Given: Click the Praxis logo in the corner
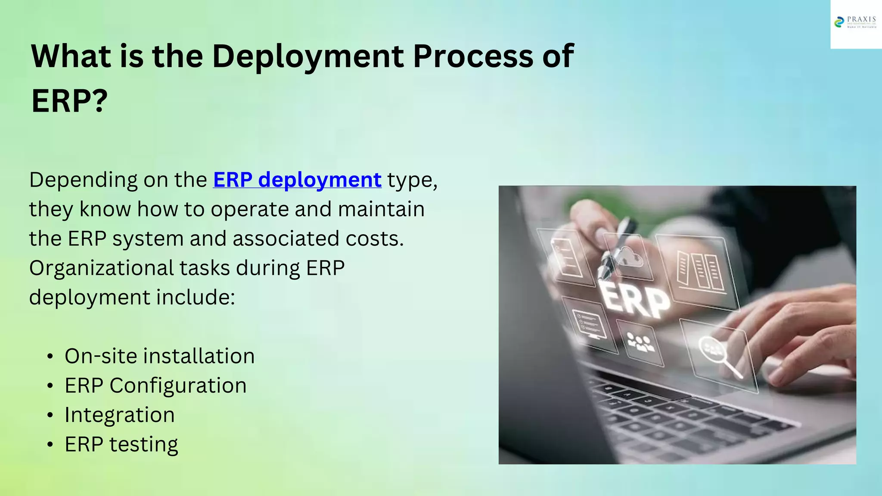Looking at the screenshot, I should point(855,22).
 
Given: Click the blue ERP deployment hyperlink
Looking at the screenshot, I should point(297,180).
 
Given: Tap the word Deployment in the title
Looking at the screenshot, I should point(308,56).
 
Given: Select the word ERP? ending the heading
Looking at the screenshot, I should point(69,101).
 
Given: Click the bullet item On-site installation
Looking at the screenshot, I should point(159,356).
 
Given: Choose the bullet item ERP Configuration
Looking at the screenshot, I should point(155,385).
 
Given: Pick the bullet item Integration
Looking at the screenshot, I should point(120,415).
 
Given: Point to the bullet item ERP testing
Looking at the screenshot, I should point(121,444).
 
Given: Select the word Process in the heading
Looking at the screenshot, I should point(473,56).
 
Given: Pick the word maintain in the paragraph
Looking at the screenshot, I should point(381,209).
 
